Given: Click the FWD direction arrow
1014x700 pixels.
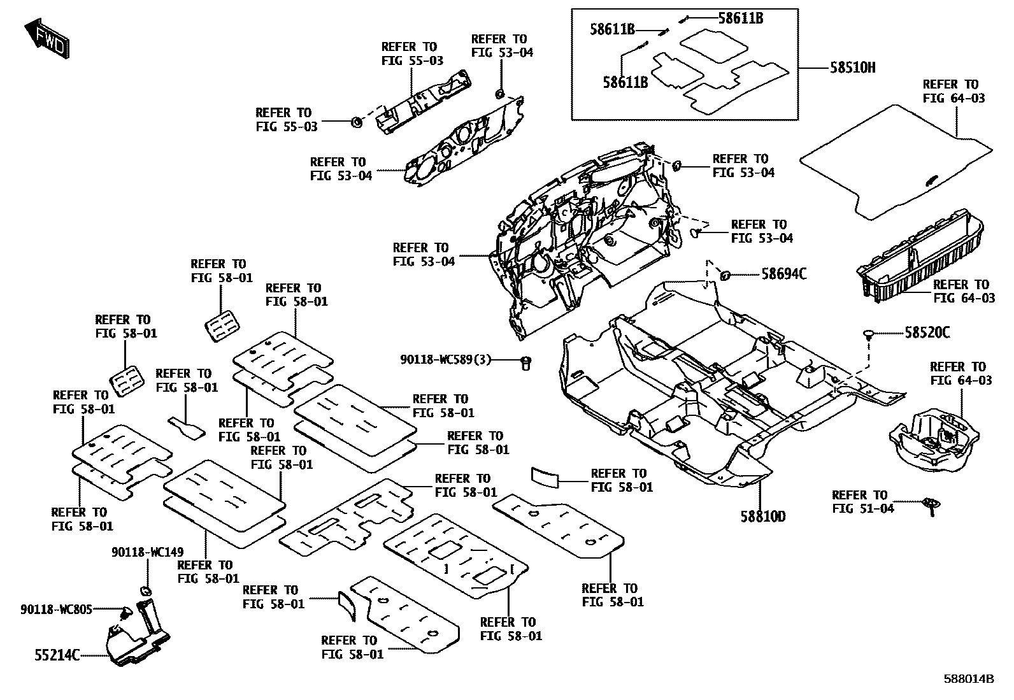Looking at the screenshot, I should coord(48,40).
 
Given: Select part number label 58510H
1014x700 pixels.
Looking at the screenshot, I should coord(852,68).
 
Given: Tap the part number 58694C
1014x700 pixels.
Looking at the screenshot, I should coord(784,274).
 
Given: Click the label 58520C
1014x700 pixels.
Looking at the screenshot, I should coord(927,332).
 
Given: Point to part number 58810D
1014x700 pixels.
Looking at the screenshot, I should coord(762,516).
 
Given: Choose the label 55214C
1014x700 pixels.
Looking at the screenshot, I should coord(57,655).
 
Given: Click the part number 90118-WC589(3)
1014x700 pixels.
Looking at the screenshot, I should coord(446,360).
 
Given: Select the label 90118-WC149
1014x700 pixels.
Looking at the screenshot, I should coord(147,552).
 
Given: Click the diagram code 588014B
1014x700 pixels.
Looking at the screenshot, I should coord(968,679).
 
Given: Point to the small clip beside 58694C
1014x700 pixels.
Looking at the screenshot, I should coord(724,275).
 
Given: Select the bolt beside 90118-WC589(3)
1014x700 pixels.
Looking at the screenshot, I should coord(526,362).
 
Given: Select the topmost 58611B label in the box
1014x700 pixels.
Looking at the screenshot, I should coord(740,18).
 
